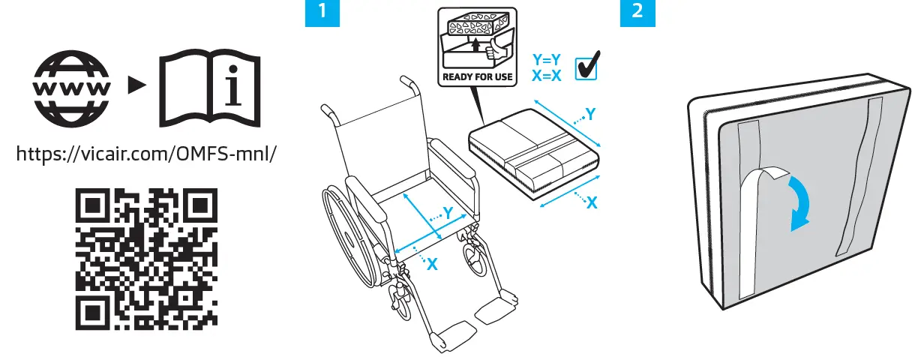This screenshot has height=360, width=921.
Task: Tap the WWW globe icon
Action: click(x=73, y=87)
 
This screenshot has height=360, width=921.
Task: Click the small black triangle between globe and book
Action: click(x=135, y=87)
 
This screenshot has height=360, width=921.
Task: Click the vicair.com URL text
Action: click(x=147, y=154)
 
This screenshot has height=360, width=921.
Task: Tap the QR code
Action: click(x=147, y=259)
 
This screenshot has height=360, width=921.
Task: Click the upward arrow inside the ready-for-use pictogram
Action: click(x=475, y=46)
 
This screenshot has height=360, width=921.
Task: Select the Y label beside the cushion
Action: click(x=590, y=114)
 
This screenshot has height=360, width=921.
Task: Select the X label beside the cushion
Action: click(x=592, y=202)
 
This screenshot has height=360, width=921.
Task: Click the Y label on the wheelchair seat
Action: click(x=448, y=213)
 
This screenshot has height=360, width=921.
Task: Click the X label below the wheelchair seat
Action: click(x=431, y=264)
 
